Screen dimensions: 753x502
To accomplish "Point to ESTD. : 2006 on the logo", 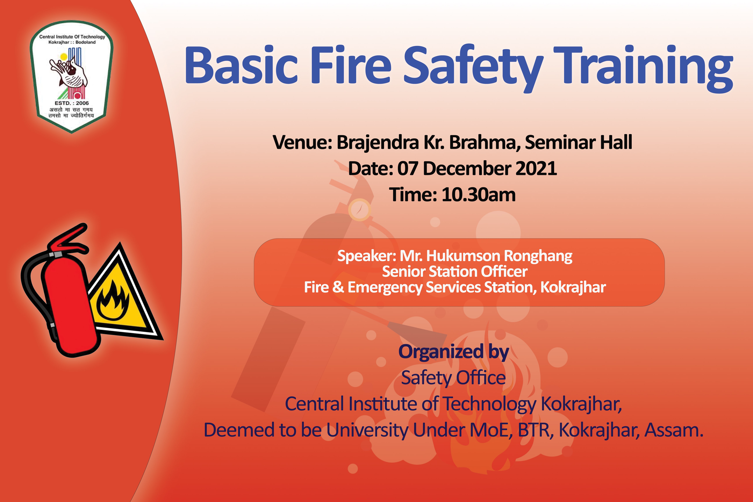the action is pyautogui.click(x=72, y=103).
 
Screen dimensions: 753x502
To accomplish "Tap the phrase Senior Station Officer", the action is pyautogui.click(x=455, y=271).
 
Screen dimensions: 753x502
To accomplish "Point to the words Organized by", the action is pyautogui.click(x=454, y=352).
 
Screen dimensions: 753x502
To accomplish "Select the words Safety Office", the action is pyautogui.click(x=453, y=378).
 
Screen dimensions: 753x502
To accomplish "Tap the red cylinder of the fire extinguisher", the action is pyautogui.click(x=71, y=307).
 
